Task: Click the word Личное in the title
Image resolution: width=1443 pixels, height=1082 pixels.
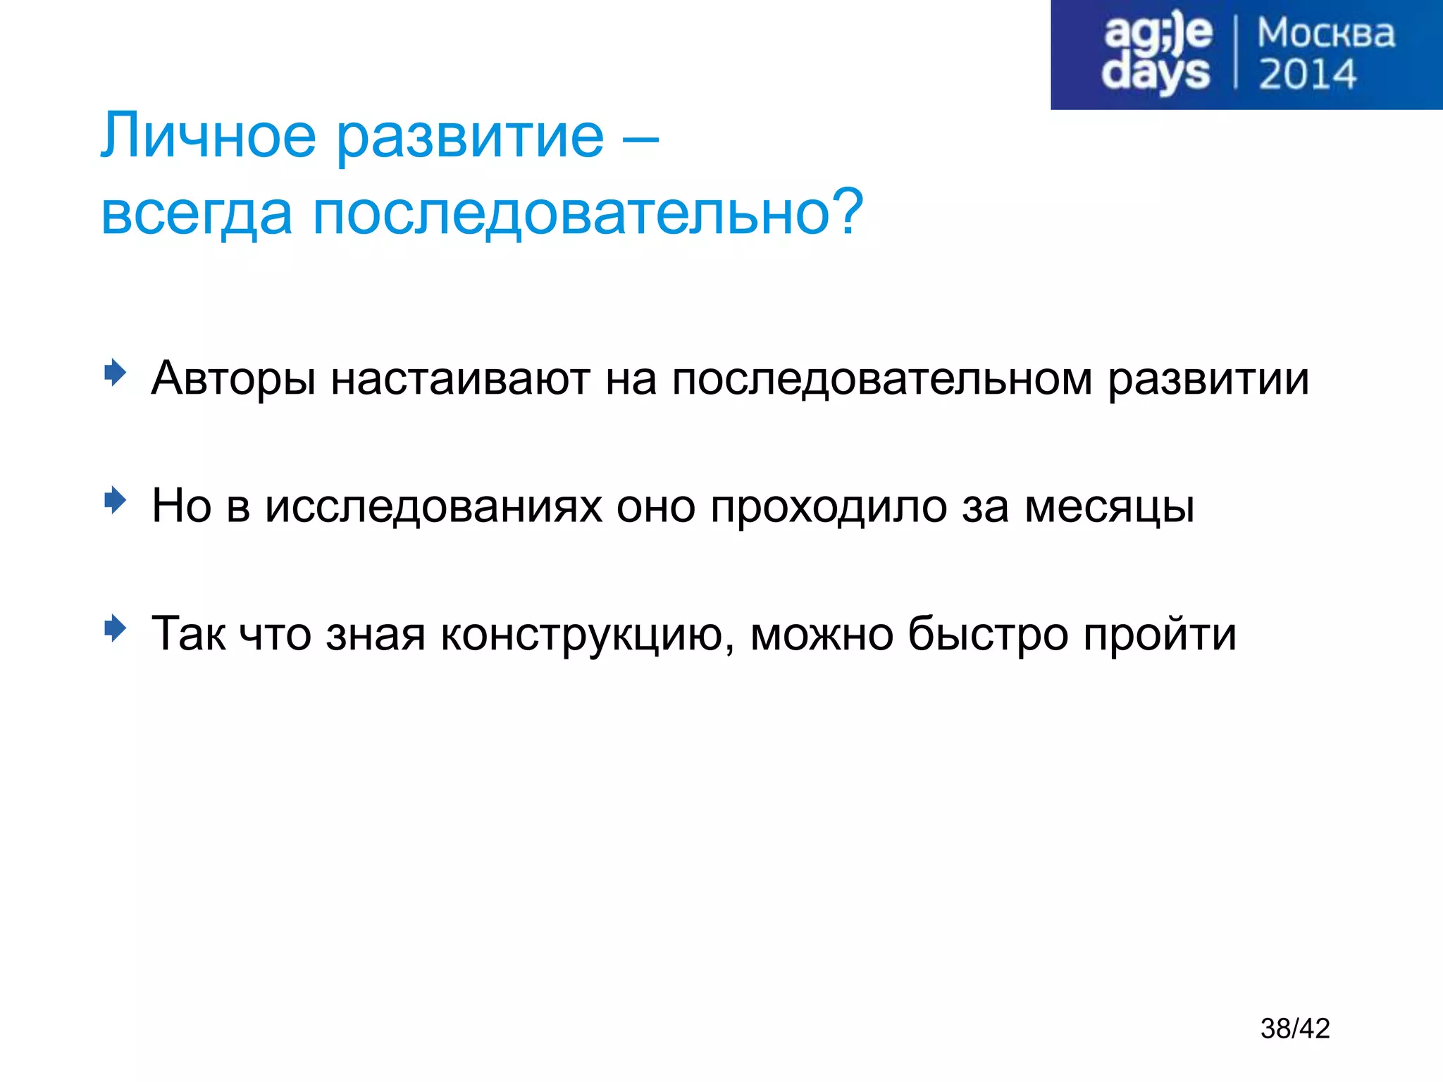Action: coord(208,136)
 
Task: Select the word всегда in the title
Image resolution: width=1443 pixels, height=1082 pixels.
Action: coord(197,213)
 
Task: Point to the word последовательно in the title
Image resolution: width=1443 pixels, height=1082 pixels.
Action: coord(571,213)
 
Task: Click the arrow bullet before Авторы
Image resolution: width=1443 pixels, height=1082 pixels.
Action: coord(114,373)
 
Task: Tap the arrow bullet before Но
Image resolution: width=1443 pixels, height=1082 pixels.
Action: coord(114,500)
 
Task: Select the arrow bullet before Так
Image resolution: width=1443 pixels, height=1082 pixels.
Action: coord(114,628)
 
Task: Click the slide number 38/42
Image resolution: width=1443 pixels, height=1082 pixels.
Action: coord(1295,1028)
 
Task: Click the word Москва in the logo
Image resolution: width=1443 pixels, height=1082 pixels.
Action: coord(1325,34)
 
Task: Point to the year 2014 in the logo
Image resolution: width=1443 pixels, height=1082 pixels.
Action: coord(1307,75)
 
